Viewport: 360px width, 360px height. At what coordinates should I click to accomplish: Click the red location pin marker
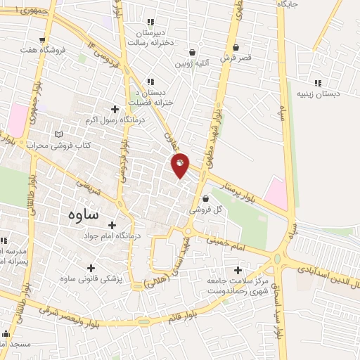click(180, 165)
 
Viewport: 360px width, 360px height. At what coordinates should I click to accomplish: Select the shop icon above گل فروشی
click(205, 198)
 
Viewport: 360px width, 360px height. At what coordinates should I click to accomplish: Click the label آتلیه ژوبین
click(194, 63)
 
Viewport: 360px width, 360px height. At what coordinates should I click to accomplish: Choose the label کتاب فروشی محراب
click(57, 145)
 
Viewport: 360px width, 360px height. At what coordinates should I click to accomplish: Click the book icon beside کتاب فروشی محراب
click(58, 134)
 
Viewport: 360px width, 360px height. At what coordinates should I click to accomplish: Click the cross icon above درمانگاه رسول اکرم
click(115, 109)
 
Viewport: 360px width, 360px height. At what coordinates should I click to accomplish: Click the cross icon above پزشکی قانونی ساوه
click(91, 268)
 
